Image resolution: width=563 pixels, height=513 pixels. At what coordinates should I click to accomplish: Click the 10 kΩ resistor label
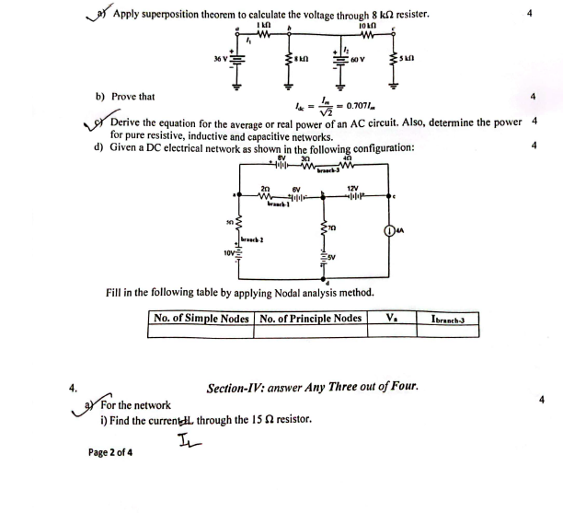pyautogui.click(x=365, y=23)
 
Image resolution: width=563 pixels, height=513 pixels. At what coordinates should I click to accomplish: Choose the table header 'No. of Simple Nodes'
pyautogui.click(x=201, y=319)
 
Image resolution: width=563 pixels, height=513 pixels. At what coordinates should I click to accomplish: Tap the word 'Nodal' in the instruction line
pyautogui.click(x=285, y=292)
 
